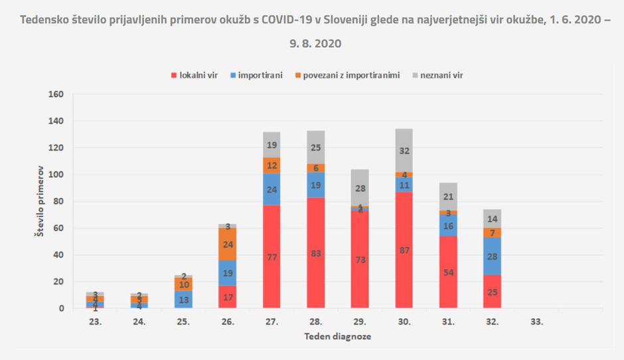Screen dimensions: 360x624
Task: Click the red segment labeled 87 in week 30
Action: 404,250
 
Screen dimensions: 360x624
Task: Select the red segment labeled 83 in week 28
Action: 316,252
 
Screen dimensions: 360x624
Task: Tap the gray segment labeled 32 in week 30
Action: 404,151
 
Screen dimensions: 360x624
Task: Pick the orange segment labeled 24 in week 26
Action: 228,244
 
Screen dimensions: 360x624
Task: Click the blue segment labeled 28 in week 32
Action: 493,256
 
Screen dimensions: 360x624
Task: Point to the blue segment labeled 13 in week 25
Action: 183,300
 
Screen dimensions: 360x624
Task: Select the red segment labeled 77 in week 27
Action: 272,256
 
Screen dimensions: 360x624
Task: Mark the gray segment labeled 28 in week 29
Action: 360,188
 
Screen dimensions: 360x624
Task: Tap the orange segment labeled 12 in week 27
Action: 272,165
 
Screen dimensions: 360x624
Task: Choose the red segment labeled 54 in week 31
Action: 449,272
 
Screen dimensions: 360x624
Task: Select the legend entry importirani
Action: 256,75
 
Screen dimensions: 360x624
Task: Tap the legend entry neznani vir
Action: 438,75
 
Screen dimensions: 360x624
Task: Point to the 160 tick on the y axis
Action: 56,94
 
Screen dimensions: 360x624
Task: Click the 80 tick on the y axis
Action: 58,201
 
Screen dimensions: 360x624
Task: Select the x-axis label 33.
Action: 537,321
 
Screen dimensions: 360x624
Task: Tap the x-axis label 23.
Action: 95,321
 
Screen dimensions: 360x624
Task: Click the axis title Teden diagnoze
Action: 338,337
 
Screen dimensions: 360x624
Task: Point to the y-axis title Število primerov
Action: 38,201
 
